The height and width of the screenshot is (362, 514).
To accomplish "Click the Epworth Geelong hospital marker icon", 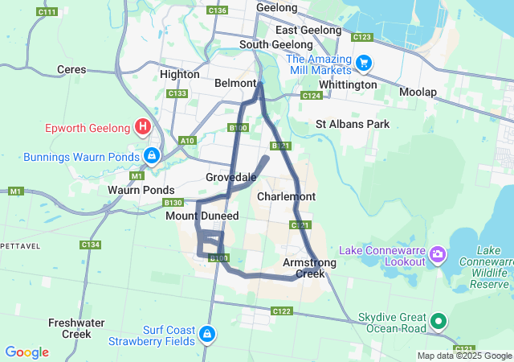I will coord(143,126).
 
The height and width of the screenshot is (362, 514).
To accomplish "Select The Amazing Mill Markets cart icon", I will coord(363,62).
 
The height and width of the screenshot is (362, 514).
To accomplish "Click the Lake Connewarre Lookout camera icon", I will coord(439,255).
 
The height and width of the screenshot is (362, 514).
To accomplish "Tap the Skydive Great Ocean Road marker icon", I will coord(439,322).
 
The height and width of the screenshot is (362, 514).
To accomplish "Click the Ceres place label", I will coord(71,70).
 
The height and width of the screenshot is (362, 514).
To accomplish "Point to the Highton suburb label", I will coord(180,74).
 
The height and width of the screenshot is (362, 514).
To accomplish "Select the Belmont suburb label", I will coord(235,83).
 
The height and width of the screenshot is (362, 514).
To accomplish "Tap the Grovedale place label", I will coord(231,177).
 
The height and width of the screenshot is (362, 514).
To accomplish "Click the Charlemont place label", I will coord(286,196).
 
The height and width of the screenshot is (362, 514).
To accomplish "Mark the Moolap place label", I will coord(418,93).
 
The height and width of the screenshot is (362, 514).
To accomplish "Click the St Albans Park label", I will coord(352,124).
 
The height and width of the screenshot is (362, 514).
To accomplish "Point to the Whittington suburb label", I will coord(348,84).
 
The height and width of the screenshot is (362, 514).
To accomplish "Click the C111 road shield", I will coord(47,12).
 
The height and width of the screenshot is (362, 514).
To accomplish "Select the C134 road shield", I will coord(91,245).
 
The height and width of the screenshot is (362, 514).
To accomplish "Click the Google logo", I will coord(27,352).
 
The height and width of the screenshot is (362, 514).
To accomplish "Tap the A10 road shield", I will coord(188,141).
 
